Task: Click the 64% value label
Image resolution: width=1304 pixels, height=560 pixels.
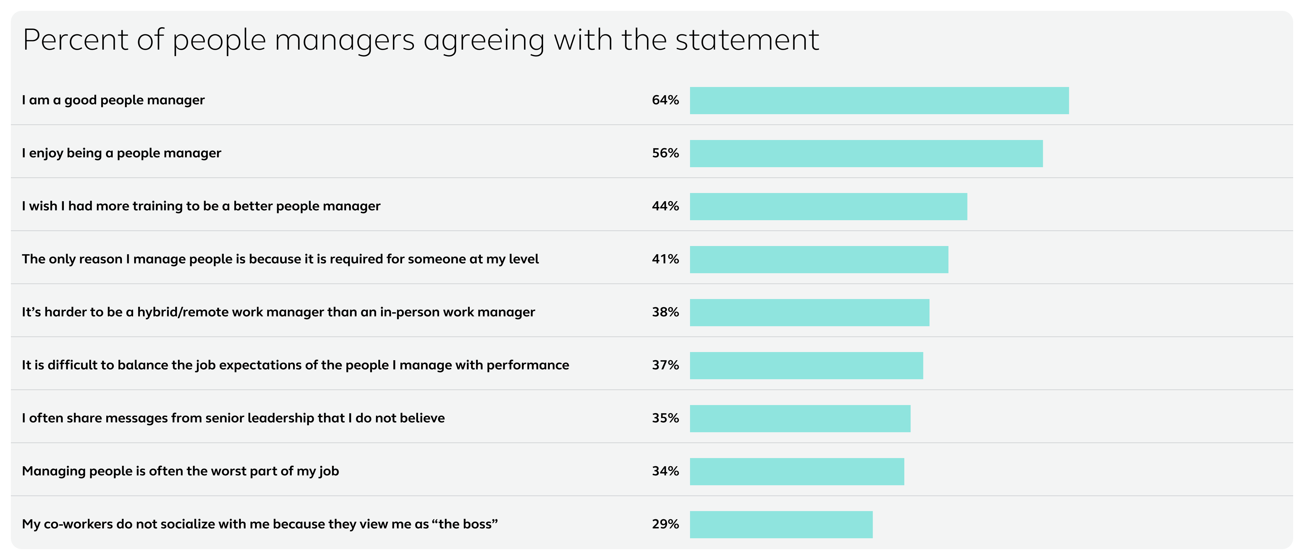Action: click(665, 100)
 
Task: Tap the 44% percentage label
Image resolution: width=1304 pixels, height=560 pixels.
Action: click(665, 206)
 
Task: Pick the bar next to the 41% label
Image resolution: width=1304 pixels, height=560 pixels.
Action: click(818, 259)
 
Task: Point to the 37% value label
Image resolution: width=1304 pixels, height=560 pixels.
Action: click(665, 365)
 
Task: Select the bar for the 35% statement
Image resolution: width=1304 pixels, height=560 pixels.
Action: click(800, 418)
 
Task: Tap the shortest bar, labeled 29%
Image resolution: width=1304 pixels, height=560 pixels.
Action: click(781, 525)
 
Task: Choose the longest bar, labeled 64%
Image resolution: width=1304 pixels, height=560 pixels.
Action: click(879, 100)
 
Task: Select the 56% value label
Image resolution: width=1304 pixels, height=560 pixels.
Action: click(665, 153)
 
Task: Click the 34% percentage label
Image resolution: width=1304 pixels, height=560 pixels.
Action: click(665, 471)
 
